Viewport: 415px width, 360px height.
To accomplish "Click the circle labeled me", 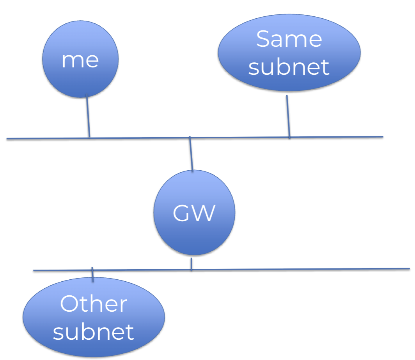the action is click(80, 59).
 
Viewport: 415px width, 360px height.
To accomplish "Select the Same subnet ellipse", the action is click(289, 53).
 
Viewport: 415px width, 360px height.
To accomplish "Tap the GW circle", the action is click(194, 212).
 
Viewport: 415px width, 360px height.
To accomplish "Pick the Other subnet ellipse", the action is click(94, 317).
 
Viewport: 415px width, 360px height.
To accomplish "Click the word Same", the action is click(289, 39).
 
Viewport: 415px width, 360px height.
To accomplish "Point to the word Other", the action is click(94, 304).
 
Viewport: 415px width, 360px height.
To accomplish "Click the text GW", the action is click(194, 213).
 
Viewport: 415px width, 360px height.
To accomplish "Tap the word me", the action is click(80, 61).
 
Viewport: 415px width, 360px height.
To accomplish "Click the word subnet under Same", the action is click(289, 67).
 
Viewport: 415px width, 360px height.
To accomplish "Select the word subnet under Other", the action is click(94, 331).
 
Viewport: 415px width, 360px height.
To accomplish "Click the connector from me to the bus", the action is click(88, 116).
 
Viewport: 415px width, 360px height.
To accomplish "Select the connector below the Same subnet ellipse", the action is click(288, 116).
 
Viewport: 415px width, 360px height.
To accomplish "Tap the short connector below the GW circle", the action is click(192, 264).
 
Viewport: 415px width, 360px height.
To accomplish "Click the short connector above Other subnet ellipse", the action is click(92, 275).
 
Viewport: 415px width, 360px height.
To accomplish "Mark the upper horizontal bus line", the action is click(195, 138).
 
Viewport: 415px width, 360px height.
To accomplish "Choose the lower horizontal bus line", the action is click(222, 270).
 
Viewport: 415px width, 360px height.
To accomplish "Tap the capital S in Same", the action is click(263, 39).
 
